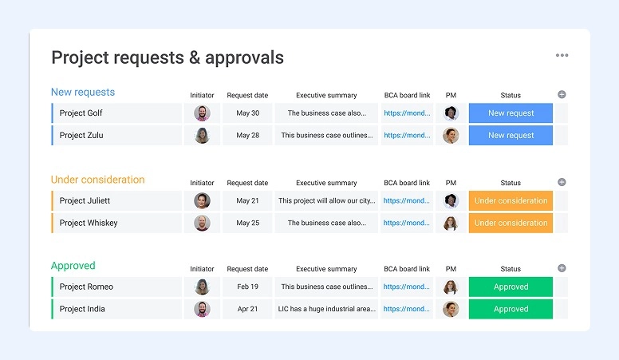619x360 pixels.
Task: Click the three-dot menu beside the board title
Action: click(562, 55)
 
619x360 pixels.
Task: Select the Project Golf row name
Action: click(81, 113)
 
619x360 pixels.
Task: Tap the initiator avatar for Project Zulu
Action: click(202, 136)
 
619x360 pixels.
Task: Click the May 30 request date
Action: click(247, 113)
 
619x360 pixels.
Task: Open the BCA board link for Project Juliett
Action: click(407, 201)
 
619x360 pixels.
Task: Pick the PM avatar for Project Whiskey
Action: click(451, 224)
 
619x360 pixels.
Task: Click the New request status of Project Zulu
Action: click(511, 136)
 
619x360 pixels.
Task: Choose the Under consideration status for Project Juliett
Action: click(511, 201)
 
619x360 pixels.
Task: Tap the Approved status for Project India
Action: click(511, 310)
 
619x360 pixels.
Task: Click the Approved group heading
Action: click(73, 266)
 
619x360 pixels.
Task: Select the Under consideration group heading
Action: click(97, 180)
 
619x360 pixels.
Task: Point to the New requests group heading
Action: click(83, 92)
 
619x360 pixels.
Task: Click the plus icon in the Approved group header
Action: click(562, 268)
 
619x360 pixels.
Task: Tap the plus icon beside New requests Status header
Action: click(562, 94)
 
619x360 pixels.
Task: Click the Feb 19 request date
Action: click(247, 287)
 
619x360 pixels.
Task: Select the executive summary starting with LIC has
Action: click(326, 310)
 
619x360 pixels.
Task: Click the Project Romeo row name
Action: click(86, 287)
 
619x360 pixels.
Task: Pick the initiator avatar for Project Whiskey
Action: click(202, 224)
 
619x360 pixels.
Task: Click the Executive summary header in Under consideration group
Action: click(326, 183)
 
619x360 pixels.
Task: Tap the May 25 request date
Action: click(247, 224)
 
